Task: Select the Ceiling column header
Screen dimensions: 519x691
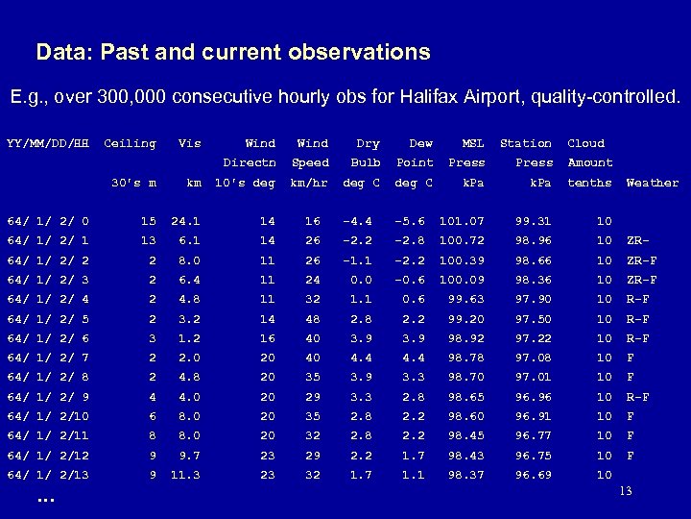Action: click(129, 143)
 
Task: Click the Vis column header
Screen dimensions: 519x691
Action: click(190, 143)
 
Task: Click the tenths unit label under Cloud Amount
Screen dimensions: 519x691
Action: click(590, 182)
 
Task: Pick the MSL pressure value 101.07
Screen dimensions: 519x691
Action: click(462, 221)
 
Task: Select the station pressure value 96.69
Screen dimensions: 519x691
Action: click(533, 474)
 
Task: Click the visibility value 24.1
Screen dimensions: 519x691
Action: click(185, 221)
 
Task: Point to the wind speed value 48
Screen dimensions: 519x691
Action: click(312, 318)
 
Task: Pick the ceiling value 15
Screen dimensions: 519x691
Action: click(148, 221)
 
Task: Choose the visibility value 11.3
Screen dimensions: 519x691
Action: click(185, 474)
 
